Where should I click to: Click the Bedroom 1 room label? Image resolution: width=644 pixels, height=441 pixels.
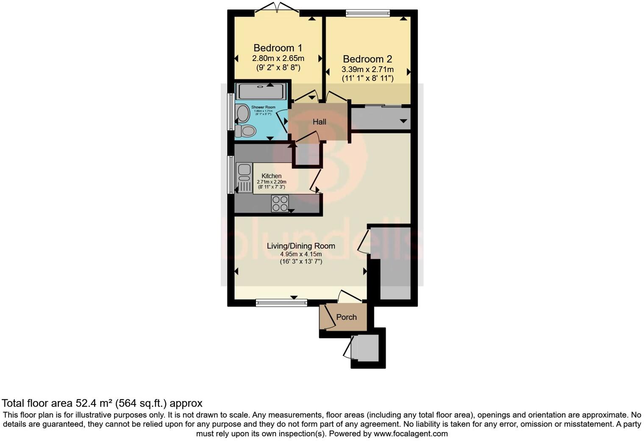click(x=278, y=48)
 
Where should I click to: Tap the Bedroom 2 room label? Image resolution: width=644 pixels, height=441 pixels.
click(x=367, y=59)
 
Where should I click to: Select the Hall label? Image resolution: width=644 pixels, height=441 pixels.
click(x=319, y=122)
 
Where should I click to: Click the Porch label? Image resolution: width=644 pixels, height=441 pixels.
click(x=346, y=317)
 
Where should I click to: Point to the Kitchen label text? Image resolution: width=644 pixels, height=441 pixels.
click(x=271, y=176)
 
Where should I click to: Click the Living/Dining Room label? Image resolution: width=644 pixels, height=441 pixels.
click(x=301, y=246)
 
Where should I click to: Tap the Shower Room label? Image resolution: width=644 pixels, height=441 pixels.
click(x=263, y=107)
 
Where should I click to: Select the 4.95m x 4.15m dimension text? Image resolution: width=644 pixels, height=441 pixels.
click(x=301, y=254)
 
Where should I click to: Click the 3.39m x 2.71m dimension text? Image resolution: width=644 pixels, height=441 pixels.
click(x=367, y=69)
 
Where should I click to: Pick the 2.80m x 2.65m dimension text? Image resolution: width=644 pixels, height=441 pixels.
click(x=278, y=58)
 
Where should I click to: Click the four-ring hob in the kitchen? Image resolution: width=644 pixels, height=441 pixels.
click(x=280, y=203)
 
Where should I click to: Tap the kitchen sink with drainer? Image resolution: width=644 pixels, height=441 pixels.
click(x=244, y=178)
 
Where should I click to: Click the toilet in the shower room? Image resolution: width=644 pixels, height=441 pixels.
click(x=244, y=131)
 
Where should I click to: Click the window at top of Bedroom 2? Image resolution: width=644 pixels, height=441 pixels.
click(x=367, y=13)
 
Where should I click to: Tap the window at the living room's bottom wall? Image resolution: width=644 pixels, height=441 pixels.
click(x=281, y=302)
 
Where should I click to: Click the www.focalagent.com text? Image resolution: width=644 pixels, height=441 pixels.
click(x=411, y=434)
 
